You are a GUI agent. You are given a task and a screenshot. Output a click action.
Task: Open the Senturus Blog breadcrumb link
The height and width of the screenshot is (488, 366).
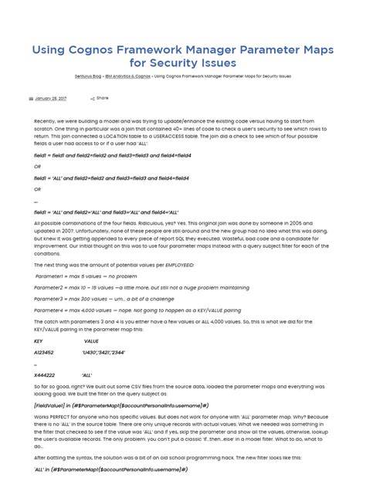pos(88,77)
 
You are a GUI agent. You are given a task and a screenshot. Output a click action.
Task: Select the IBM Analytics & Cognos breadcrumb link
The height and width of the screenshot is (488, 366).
pos(128,77)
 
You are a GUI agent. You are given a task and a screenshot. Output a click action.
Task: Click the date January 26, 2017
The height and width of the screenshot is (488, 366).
pos(51,99)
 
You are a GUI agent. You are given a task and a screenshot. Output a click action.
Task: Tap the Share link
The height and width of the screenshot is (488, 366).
pos(101,99)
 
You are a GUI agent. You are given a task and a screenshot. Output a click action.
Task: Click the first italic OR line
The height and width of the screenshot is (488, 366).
pos(37,166)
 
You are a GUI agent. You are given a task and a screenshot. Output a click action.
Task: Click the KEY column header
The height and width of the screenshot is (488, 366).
pos(39,341)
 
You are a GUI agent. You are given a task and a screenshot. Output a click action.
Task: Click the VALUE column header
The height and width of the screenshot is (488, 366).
pos(91,341)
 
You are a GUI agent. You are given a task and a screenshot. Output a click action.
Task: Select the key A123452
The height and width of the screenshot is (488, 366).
pos(44,352)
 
